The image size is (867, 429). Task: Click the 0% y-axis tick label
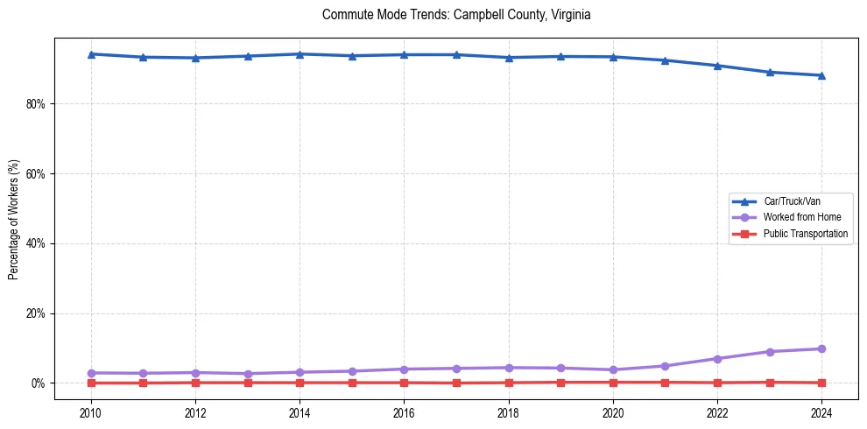click(38, 383)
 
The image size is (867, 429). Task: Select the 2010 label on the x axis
click(91, 411)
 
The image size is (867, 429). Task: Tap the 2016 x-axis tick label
click(404, 411)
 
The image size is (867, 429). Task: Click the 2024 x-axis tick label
click(821, 411)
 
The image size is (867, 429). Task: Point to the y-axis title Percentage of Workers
click(14, 220)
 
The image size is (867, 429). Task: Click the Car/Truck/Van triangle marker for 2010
click(91, 54)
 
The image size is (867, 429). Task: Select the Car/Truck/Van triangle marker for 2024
click(821, 75)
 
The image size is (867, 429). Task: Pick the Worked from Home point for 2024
click(821, 348)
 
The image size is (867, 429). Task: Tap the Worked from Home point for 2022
click(717, 359)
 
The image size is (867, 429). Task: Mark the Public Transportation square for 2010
click(91, 383)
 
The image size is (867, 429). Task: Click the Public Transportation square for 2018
click(509, 383)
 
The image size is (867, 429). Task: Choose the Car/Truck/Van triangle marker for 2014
click(300, 54)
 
